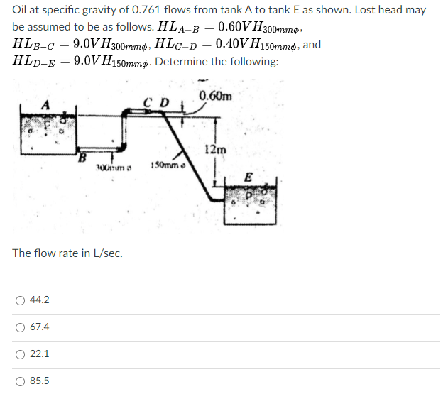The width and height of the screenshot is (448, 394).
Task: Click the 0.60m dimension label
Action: click(x=215, y=97)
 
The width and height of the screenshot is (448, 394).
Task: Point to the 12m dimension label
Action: click(x=214, y=149)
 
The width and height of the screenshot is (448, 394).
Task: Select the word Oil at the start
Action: click(x=21, y=11)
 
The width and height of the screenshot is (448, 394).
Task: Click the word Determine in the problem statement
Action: click(x=180, y=62)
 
